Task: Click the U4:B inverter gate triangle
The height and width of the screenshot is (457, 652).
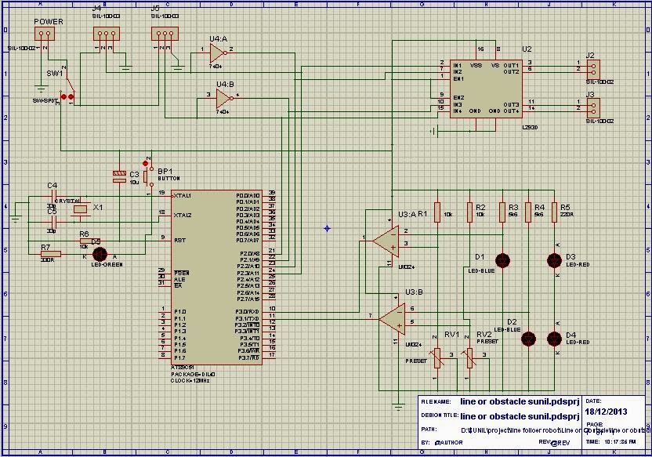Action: [x=225, y=98]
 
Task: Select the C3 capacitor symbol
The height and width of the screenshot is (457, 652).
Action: [x=119, y=176]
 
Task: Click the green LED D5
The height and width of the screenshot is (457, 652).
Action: [x=100, y=254]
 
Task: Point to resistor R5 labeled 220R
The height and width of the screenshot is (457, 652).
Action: [x=554, y=212]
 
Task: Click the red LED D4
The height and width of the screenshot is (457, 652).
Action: [x=554, y=338]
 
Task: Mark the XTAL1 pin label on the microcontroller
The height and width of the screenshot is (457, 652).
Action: [x=183, y=194]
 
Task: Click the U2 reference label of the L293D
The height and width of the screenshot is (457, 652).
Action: [x=527, y=49]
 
